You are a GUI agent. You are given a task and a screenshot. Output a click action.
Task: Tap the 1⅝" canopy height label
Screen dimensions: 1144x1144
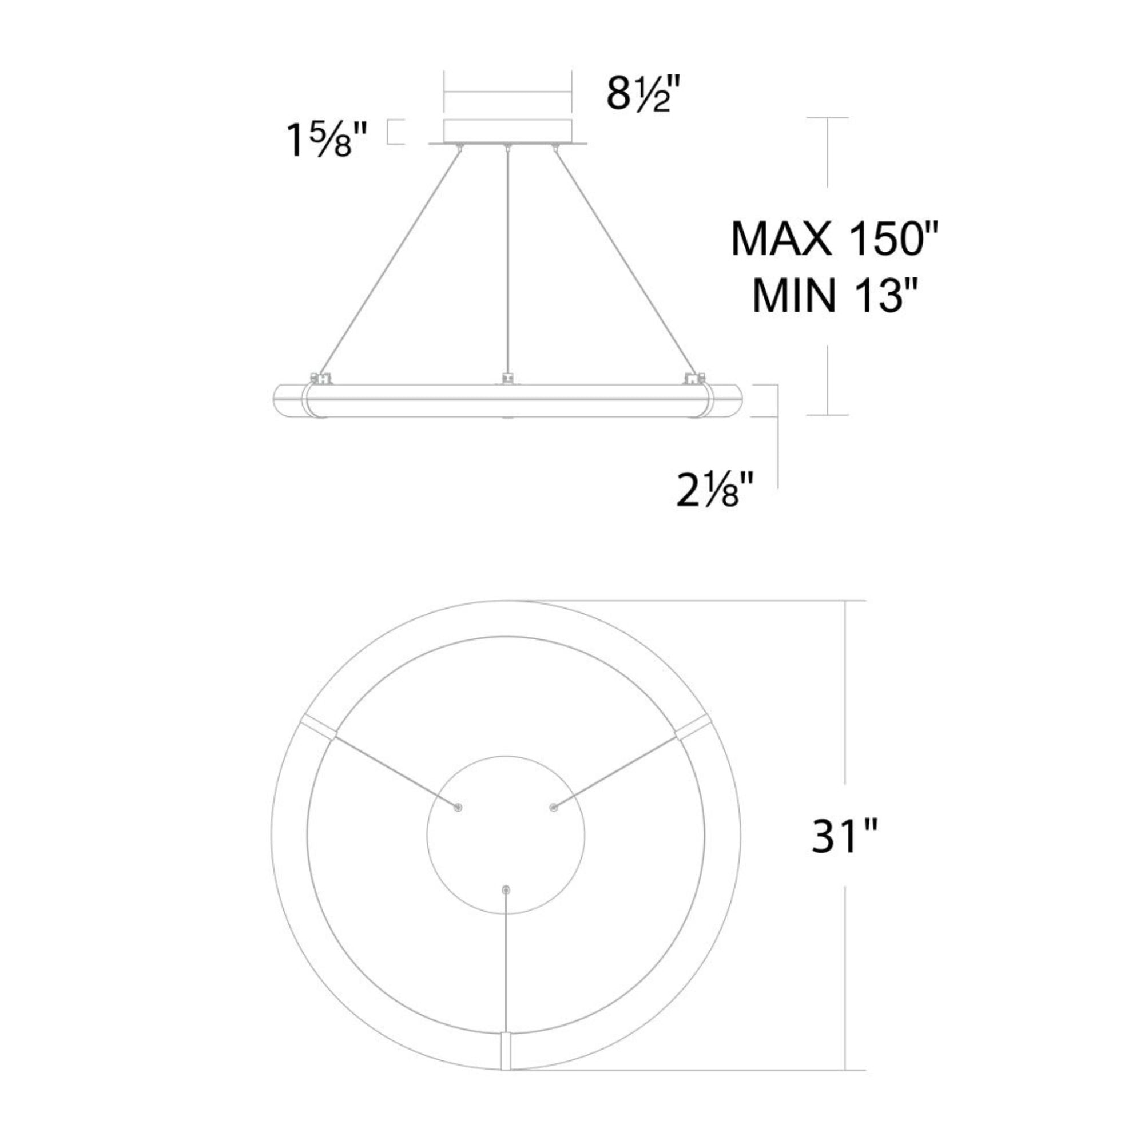tap(327, 141)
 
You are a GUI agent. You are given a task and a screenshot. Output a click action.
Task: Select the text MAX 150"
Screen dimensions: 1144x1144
tap(835, 238)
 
